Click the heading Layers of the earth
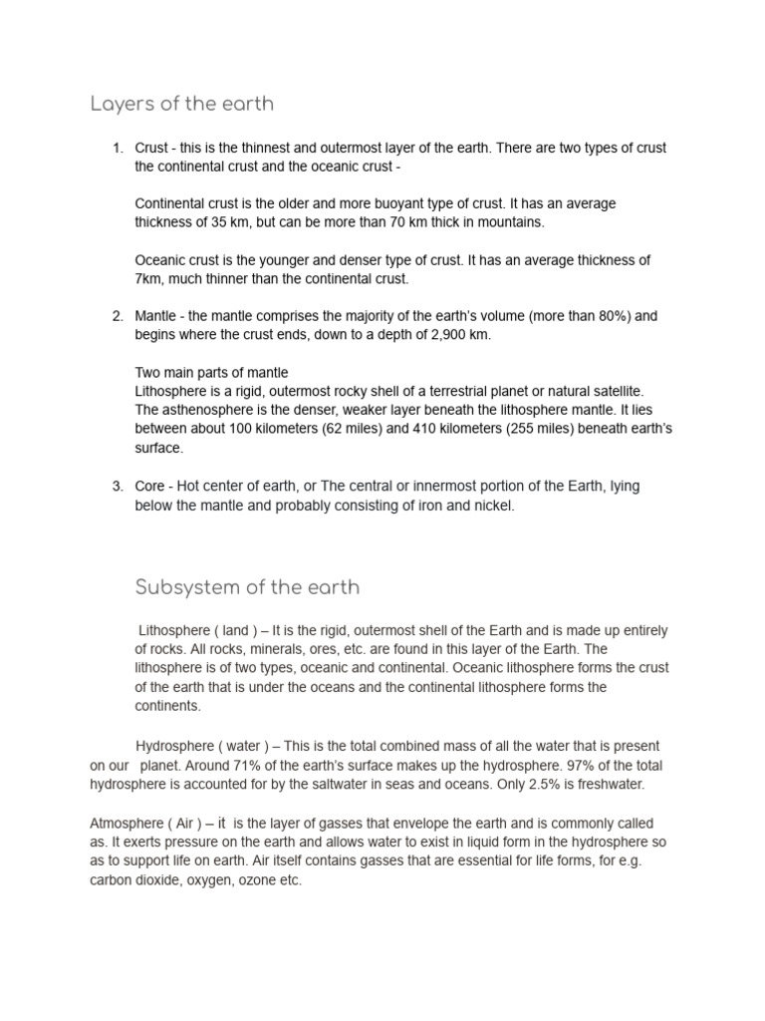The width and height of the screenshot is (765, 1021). pos(181,104)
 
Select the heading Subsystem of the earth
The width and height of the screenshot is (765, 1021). pos(247,586)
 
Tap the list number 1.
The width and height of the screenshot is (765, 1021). pos(117,148)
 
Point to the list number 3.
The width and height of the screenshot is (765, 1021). pos(117,486)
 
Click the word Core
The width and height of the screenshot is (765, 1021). pos(150,486)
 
